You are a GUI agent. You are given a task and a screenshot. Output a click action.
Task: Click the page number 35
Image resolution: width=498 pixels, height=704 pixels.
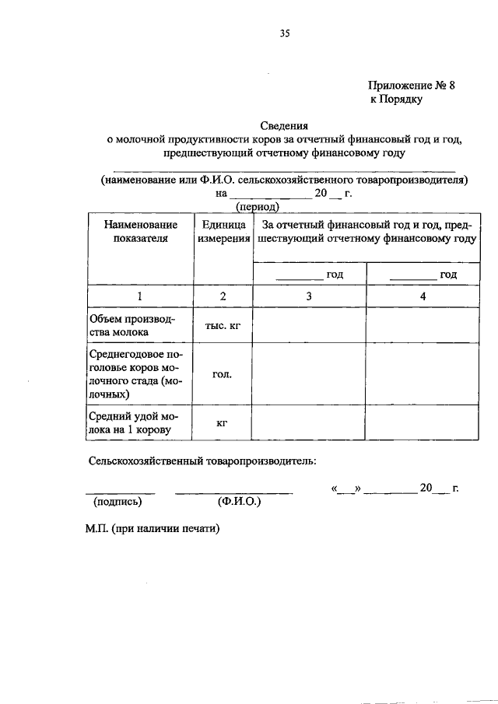point(284,33)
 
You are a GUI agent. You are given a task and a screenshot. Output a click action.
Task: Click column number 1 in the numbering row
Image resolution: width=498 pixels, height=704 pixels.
point(140,296)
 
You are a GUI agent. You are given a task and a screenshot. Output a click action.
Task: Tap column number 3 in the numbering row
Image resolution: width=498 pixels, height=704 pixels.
point(309,296)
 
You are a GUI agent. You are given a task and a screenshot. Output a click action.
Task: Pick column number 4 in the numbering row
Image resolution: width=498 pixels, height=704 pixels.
point(423,296)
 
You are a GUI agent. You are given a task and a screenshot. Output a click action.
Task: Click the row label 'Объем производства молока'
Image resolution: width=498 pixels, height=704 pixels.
point(132,326)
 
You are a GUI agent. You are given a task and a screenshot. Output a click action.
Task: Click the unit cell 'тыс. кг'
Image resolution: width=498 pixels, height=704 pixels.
point(223,326)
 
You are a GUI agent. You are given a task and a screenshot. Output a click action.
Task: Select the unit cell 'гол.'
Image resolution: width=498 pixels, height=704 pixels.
point(223,374)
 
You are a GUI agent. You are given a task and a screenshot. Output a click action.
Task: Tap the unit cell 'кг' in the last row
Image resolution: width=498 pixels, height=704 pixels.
point(223,422)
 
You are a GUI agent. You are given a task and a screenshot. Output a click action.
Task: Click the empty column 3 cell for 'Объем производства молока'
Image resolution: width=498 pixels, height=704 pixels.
point(309,326)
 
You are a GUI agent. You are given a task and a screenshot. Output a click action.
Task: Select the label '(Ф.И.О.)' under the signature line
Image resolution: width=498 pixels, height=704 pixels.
point(240,502)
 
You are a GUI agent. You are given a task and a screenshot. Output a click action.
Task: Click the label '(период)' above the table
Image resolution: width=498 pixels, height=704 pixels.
point(258,208)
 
